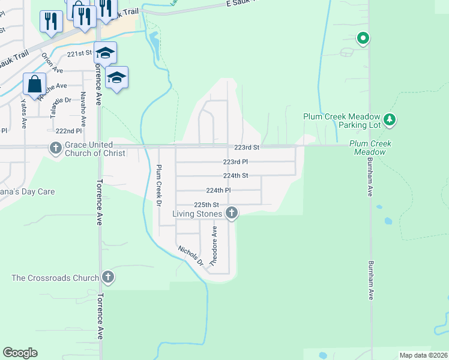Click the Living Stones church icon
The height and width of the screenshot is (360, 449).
[232, 213]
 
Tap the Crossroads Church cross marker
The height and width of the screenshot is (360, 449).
[108, 277]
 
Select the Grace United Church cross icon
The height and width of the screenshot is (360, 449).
[55, 148]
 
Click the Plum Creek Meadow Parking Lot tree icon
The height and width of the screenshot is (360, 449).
[390, 120]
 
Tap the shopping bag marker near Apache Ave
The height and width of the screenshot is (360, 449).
[34, 84]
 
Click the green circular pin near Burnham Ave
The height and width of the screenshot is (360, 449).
[363, 39]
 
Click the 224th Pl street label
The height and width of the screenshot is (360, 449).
[218, 190]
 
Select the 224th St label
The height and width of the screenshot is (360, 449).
[235, 176]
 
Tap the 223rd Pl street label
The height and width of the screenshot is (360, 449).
[235, 162]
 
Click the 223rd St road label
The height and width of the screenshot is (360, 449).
[246, 147]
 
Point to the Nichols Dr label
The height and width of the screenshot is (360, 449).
[191, 255]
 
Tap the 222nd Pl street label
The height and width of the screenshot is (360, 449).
[68, 131]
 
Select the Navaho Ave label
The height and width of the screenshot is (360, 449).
[83, 108]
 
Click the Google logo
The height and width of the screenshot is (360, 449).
[20, 353]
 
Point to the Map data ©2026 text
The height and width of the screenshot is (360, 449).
[423, 355]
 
